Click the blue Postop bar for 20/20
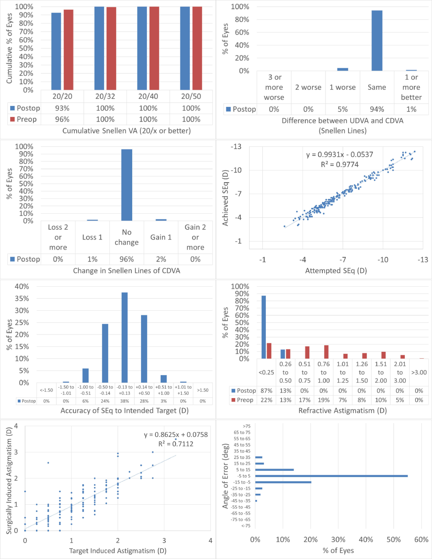[x=56, y=51]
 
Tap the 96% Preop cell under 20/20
[x=62, y=119]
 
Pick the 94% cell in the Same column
[x=377, y=109]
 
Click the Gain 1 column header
[x=161, y=237]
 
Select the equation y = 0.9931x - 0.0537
[x=340, y=154]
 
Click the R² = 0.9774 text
[x=340, y=164]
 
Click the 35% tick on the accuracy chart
[x=22, y=298]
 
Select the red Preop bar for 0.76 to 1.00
[x=326, y=352]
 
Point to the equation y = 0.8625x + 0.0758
[x=176, y=435]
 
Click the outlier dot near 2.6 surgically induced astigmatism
[x=48, y=463]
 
